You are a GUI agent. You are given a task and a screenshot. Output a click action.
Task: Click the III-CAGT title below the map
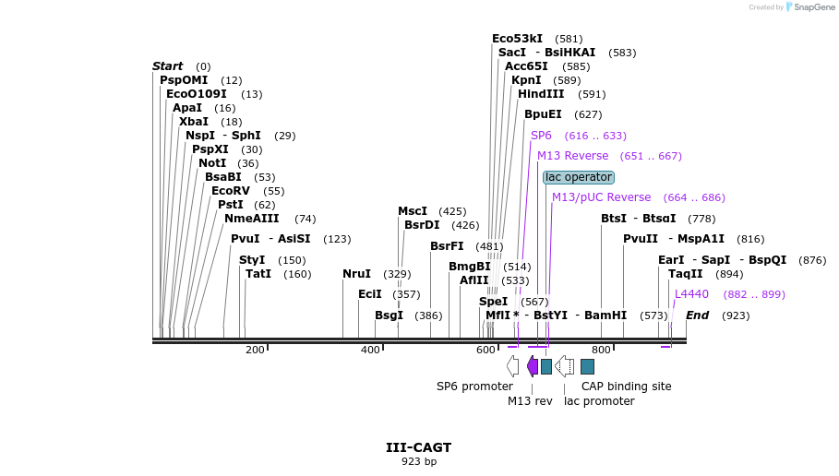pos(418,447)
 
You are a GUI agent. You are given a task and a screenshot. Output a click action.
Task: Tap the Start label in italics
pos(167,66)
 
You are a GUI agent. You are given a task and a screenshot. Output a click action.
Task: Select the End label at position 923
pos(697,315)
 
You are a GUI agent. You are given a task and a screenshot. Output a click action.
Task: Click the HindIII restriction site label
pos(541,94)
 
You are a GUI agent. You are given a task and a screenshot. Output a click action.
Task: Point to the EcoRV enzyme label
pos(230,191)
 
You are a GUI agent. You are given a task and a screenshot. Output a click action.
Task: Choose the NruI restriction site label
pos(356,274)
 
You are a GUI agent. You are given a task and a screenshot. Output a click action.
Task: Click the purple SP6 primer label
pos(541,136)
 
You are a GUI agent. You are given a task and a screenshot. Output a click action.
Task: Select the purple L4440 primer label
pos(691,294)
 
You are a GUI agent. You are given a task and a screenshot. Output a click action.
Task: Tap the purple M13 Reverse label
pos(572,156)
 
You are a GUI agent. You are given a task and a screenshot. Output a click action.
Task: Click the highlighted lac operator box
pos(578,177)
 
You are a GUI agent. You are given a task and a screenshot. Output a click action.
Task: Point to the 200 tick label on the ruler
pos(255,350)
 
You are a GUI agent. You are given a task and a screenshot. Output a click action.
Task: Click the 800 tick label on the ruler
pos(601,350)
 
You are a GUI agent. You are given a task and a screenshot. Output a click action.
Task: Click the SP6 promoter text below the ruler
pos(474,387)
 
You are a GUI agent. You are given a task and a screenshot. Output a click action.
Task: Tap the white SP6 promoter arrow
pos(512,366)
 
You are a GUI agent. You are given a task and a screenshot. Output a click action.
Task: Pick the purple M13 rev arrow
pos(532,366)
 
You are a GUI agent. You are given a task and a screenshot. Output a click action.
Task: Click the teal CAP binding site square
pos(587,366)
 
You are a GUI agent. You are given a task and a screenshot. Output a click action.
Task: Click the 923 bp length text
pos(418,461)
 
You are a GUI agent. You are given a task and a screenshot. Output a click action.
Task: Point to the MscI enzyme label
pos(413,211)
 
